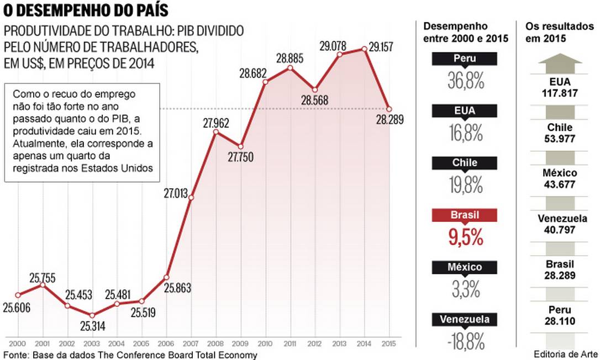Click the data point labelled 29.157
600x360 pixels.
pos(364,49)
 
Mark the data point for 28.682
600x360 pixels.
pos(265,82)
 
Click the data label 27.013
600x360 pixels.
pos(176,193)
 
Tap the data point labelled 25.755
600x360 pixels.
pos(42,285)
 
